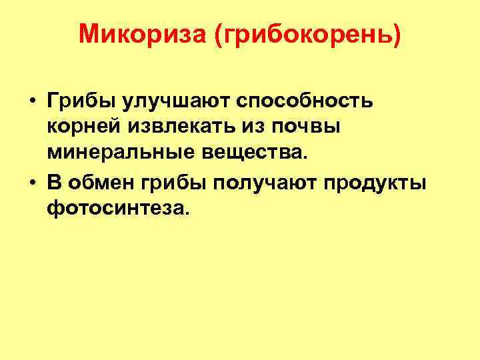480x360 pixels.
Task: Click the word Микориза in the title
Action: click(x=141, y=33)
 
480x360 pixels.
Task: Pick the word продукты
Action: click(x=374, y=185)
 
